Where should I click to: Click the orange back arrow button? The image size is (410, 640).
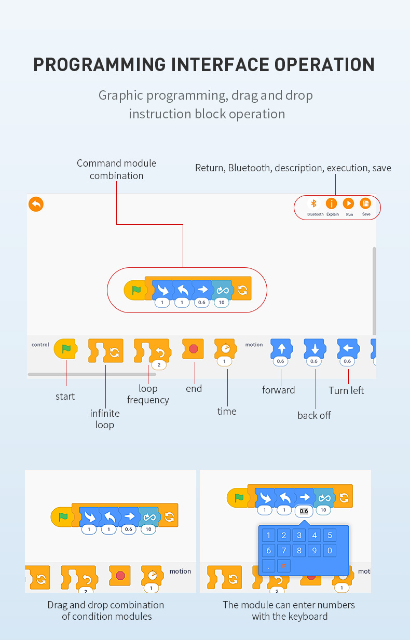(36, 204)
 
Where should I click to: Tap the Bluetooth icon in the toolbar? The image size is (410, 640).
(313, 203)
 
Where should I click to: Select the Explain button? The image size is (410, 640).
(331, 204)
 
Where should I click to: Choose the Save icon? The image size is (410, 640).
(365, 204)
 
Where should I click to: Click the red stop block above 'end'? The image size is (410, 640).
(194, 349)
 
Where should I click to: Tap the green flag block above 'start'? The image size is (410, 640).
(66, 349)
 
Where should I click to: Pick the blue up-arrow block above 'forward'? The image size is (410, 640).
(281, 348)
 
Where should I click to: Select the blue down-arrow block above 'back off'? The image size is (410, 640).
(314, 348)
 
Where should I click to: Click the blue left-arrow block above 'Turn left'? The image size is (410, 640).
(348, 348)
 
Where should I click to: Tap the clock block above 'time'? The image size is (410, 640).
(225, 348)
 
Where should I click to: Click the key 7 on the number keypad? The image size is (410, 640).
(283, 550)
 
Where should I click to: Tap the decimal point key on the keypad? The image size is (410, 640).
(268, 565)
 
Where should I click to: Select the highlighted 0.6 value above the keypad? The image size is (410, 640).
(304, 511)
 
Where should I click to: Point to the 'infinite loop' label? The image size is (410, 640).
(104, 419)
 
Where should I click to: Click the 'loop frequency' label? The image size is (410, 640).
(148, 394)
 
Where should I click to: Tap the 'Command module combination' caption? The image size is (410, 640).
(116, 169)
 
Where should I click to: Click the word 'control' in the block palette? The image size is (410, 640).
(40, 345)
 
